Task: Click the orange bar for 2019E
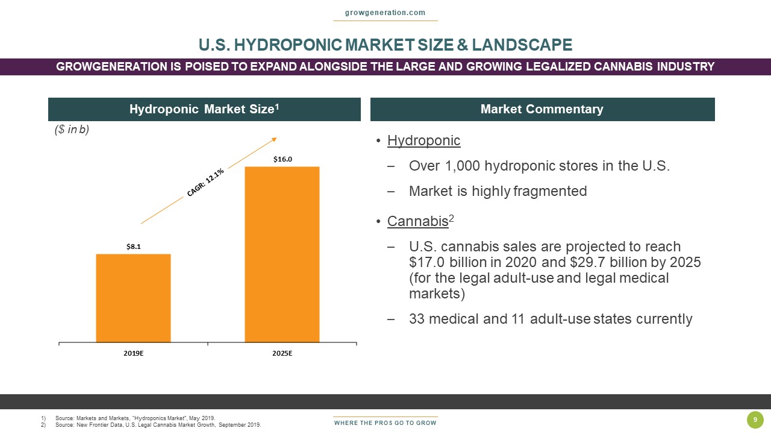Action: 133,298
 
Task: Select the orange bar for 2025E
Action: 282,254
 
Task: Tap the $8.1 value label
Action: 133,247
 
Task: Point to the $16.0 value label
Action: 282,159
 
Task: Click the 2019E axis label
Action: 133,354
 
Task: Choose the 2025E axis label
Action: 282,354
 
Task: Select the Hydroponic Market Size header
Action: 204,109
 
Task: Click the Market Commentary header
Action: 542,109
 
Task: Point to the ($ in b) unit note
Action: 72,130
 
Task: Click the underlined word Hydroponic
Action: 423,141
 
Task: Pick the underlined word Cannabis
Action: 417,221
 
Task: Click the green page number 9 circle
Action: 755,420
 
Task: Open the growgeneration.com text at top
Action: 385,13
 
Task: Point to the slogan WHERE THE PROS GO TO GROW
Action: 385,423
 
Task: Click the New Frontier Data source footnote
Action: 158,425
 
